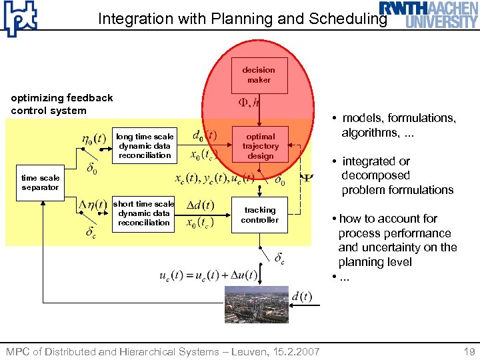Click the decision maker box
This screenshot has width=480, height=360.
259,75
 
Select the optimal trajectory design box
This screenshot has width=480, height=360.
260,145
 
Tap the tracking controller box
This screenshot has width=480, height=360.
260,215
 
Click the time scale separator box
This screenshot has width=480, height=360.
40,183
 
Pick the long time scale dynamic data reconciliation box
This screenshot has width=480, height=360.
145,145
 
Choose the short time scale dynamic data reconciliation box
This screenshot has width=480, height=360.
144,213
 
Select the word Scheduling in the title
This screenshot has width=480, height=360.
347,19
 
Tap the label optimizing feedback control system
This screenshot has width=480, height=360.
62,104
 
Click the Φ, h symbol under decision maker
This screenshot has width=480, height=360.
249,103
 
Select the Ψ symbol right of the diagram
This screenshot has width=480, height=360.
307,179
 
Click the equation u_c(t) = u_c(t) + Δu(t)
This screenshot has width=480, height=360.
209,275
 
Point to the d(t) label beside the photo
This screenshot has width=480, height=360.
301,297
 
